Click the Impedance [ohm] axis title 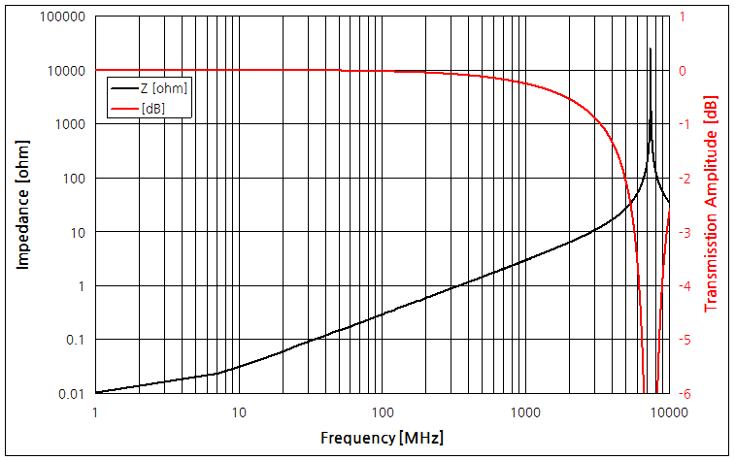[23, 205]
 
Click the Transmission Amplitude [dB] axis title [712, 205]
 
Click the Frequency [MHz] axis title [383, 438]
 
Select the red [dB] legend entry [152, 108]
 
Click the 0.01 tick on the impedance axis [74, 393]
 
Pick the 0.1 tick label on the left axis [77, 340]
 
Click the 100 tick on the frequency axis [382, 412]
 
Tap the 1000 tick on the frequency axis [525, 412]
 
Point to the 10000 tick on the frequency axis [668, 412]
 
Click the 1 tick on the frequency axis [95, 412]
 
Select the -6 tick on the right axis [683, 393]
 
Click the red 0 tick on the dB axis [683, 71]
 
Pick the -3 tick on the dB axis [683, 232]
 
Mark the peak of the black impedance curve [651, 48]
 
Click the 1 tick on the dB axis [683, 17]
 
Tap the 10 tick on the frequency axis [239, 412]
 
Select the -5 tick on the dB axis [683, 340]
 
